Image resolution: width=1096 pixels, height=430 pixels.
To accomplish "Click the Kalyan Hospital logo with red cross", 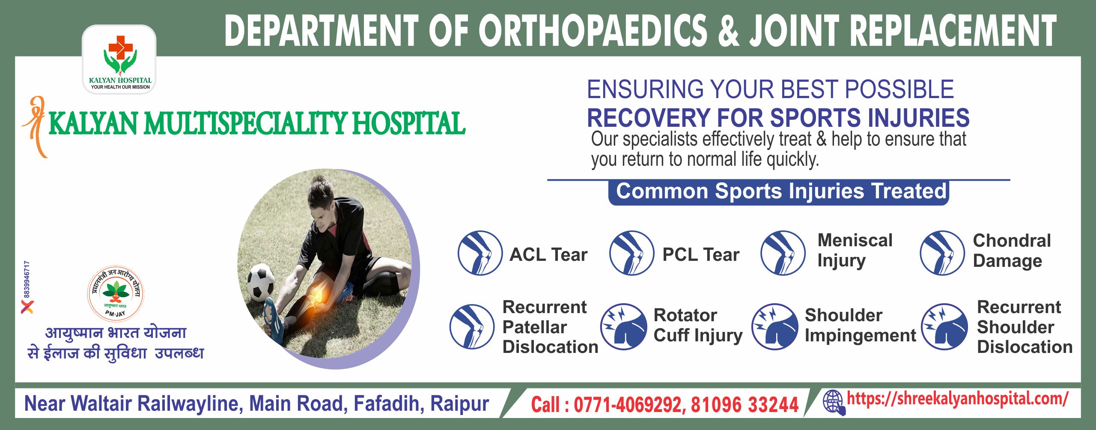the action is click(x=119, y=60).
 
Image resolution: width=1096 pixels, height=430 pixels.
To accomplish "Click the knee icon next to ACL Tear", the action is click(x=480, y=253).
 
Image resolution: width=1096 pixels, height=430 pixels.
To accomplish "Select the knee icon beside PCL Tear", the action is click(x=631, y=253).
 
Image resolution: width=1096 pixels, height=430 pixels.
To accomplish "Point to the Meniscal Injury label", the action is click(x=855, y=251).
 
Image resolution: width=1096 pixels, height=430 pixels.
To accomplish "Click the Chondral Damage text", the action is click(x=1012, y=251).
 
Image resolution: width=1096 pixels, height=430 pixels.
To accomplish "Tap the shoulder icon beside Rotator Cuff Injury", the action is click(x=623, y=326).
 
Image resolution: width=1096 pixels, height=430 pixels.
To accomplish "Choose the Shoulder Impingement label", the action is click(x=860, y=326).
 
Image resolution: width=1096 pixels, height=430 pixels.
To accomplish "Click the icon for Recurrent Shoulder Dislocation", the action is click(x=944, y=326).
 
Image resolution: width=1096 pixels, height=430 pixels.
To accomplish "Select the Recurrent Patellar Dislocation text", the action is click(x=550, y=327).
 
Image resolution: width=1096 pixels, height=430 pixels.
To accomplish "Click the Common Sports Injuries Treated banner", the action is click(x=779, y=192).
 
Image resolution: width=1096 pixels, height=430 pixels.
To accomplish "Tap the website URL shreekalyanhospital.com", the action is click(x=957, y=399).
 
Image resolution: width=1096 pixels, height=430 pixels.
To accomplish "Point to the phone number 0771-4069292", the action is click(x=627, y=405).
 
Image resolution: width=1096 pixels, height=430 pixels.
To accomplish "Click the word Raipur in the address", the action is click(x=459, y=403).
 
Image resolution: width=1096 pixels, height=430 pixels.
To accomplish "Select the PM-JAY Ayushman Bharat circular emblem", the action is click(x=116, y=293).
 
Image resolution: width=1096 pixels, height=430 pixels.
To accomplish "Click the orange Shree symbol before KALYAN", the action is click(x=35, y=127).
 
